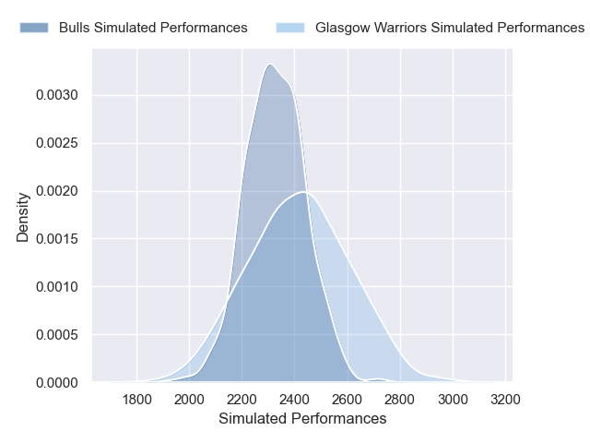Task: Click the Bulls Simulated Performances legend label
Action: [153, 28]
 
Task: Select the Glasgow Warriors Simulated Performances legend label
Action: [450, 28]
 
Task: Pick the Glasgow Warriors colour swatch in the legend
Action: [289, 28]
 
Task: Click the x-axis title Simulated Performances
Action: [302, 419]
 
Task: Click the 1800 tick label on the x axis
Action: [136, 400]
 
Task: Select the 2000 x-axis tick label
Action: [189, 400]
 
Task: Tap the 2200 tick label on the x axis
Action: [242, 400]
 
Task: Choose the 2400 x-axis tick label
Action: [294, 400]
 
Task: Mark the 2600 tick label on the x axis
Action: [347, 400]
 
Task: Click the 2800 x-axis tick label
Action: [400, 400]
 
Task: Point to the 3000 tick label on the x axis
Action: [453, 400]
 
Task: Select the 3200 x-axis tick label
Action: [505, 400]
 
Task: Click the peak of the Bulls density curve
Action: [270, 64]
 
